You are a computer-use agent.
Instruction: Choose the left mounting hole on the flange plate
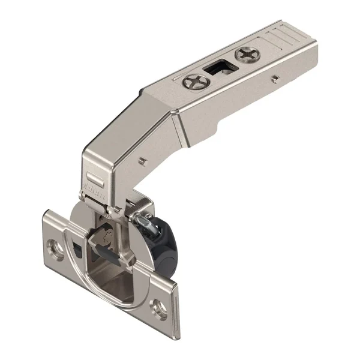[57, 247]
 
